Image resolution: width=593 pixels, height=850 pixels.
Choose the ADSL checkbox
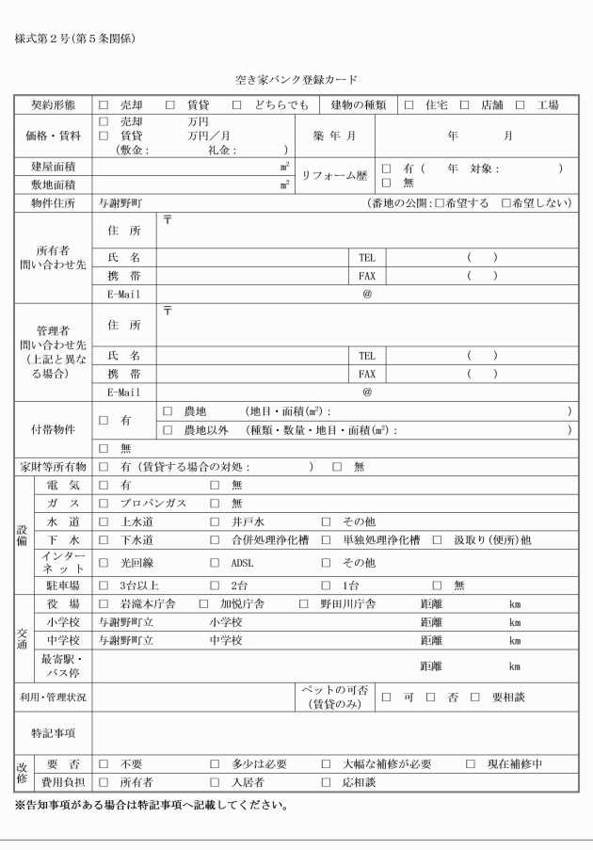coord(215,563)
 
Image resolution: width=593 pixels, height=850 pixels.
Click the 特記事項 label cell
coord(53,731)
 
